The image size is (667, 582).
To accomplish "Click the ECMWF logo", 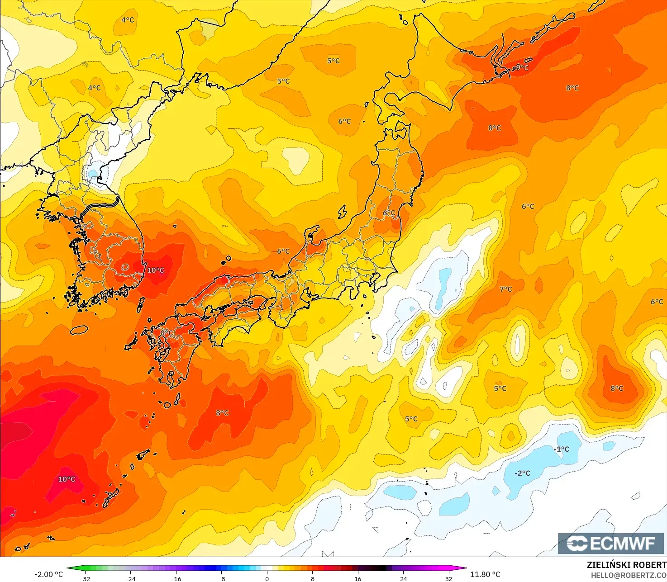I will click(x=610, y=543).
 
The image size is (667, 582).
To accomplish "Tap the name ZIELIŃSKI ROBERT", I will click(x=626, y=565).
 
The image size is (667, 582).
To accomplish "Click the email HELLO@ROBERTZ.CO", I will click(x=629, y=575).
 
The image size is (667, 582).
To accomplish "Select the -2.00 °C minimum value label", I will click(x=49, y=574).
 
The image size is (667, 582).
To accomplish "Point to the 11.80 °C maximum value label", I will click(x=485, y=574).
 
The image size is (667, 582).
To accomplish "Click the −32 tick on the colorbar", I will click(x=85, y=578).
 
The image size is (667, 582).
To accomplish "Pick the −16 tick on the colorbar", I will click(x=176, y=578).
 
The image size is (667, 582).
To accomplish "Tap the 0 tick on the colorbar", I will click(x=267, y=578).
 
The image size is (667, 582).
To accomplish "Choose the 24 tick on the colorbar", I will click(x=403, y=578).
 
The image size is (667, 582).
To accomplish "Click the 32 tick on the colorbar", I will click(x=448, y=578).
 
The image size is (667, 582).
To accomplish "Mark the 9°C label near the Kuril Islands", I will click(x=522, y=67).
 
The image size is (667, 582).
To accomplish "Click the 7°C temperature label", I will click(x=505, y=289).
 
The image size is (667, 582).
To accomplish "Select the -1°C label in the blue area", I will click(x=561, y=449).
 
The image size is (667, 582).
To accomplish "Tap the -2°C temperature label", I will click(x=522, y=473).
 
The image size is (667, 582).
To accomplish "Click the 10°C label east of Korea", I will click(x=155, y=270).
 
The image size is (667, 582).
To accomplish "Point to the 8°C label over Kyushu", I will click(x=167, y=332).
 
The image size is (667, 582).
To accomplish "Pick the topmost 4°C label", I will click(x=128, y=20).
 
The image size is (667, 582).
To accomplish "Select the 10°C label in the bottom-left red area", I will click(x=67, y=479).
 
